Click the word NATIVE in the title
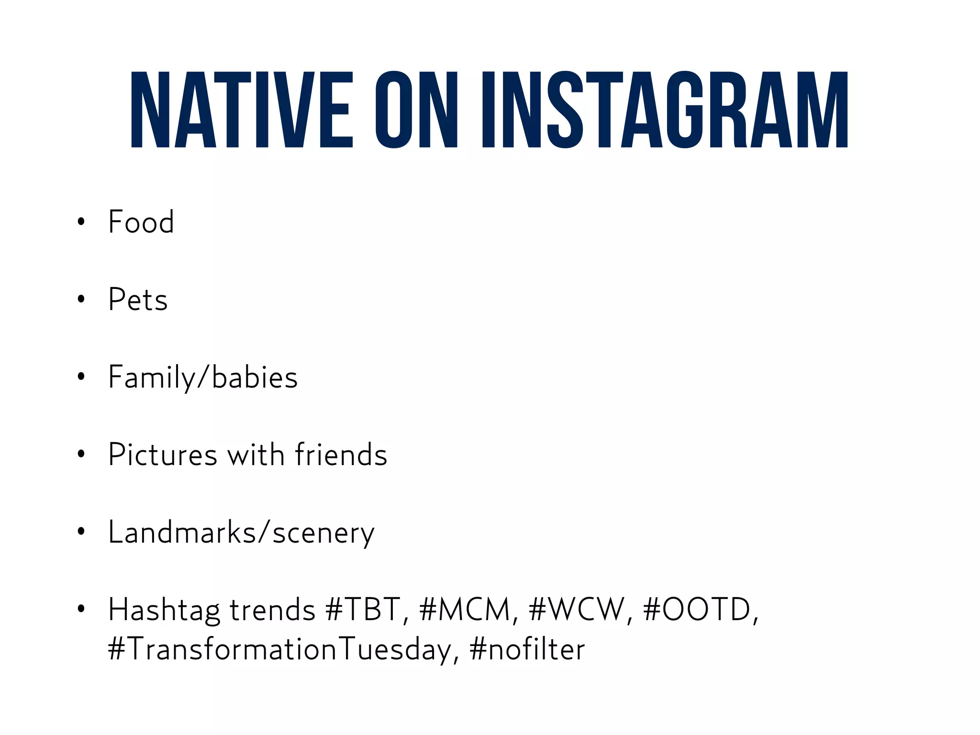point(242,110)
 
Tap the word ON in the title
point(416,110)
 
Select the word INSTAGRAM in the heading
point(665,110)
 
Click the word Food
point(141,222)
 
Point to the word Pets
point(138,300)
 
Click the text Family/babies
point(203,378)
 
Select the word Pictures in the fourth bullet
point(163,455)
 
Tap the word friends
point(341,455)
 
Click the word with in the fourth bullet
point(256,455)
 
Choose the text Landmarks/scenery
point(241,533)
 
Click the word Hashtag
point(164,610)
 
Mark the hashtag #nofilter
point(527,650)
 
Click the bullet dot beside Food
point(81,222)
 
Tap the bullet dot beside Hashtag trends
point(81,609)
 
